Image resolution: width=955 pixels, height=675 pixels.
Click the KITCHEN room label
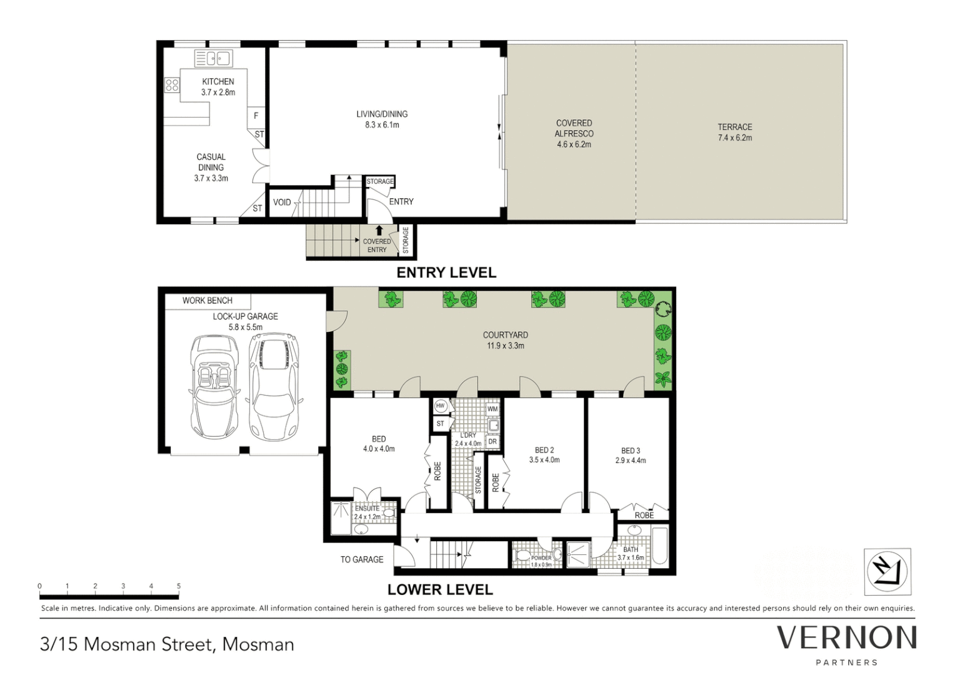point(217,82)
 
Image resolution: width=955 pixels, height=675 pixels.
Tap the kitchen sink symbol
point(213,59)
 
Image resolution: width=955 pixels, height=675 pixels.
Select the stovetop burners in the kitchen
point(172,85)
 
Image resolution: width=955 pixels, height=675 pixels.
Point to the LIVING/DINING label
point(382,114)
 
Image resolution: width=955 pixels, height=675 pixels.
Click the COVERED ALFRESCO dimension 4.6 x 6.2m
point(574,144)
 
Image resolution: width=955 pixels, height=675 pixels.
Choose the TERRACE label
point(734,127)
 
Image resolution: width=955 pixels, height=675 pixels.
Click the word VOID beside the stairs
point(282,202)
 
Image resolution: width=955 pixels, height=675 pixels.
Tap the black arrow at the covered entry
point(379,231)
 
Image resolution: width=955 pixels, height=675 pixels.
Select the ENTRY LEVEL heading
point(446,272)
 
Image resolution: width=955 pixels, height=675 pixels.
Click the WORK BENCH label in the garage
point(207,301)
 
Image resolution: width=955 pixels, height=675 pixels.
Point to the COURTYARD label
point(505,335)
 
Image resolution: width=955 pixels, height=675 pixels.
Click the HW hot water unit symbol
point(440,406)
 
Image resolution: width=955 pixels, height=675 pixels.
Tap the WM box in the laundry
point(492,409)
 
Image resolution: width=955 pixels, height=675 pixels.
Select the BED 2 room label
point(544,450)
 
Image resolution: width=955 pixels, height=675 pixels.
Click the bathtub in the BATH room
point(659,547)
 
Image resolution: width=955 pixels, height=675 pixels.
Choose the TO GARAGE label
point(362,559)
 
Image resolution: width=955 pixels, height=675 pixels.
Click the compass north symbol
point(887,571)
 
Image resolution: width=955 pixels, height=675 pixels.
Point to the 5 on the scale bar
point(179,586)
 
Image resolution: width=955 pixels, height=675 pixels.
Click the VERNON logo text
point(846,638)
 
